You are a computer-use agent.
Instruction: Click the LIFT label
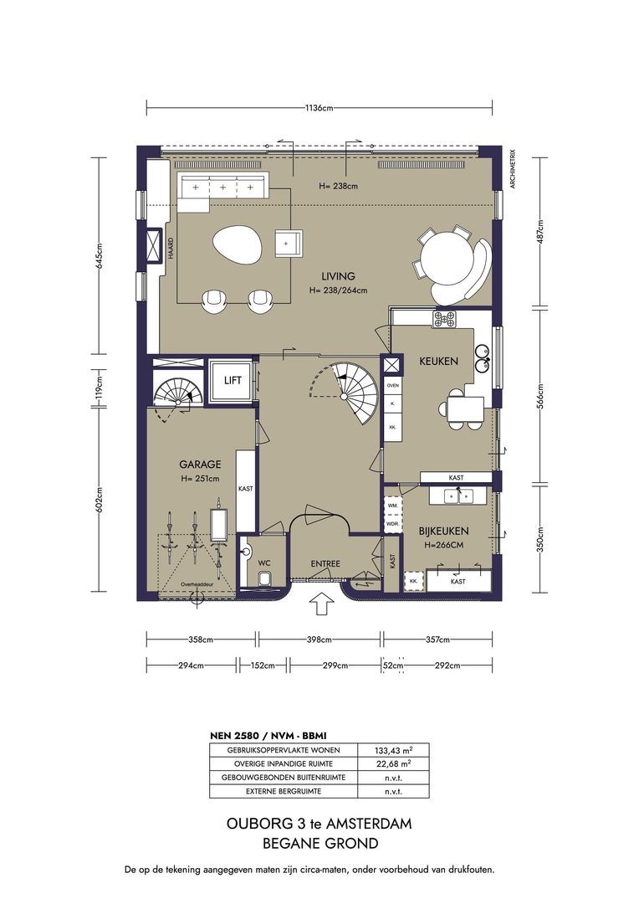click(x=233, y=381)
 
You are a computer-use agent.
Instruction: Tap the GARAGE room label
click(x=200, y=464)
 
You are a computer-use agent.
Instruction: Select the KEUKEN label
click(x=438, y=362)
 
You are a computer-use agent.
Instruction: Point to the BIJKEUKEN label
click(x=443, y=531)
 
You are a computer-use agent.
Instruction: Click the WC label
click(x=264, y=562)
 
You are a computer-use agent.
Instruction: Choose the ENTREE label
click(x=325, y=564)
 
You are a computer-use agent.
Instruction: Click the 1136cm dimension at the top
click(x=319, y=107)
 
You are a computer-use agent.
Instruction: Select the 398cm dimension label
click(x=319, y=639)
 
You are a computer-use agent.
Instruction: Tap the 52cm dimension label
click(x=393, y=665)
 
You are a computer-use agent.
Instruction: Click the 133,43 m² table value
click(x=394, y=750)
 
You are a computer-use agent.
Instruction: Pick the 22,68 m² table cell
click(x=394, y=764)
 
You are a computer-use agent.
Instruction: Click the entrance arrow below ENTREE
click(x=321, y=605)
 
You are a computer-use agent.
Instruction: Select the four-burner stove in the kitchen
click(x=444, y=319)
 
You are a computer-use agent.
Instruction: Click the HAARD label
click(x=171, y=249)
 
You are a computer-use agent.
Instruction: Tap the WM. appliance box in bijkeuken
click(x=394, y=505)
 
